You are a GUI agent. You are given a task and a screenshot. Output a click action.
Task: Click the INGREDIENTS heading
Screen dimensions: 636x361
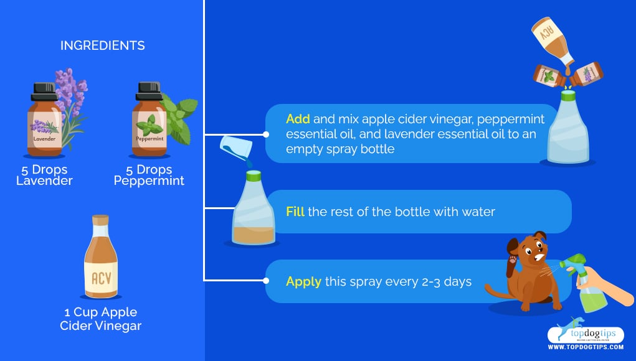tap(103, 45)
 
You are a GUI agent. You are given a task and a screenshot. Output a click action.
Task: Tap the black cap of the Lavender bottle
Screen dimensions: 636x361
tap(44, 91)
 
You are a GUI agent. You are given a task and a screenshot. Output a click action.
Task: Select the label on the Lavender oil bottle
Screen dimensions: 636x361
tap(45, 129)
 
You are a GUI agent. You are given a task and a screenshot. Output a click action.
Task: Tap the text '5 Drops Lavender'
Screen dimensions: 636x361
tap(44, 175)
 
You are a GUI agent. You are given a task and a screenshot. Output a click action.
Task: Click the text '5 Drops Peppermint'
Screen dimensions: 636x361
tap(149, 175)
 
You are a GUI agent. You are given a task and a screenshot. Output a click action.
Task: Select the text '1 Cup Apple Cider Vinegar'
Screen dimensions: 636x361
tap(100, 319)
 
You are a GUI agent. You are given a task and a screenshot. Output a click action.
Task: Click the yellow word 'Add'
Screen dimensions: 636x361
tap(298, 119)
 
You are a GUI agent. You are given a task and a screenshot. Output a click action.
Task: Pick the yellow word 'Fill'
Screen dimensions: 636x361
tap(295, 212)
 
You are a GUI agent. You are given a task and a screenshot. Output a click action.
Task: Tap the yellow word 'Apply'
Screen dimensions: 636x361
tap(303, 282)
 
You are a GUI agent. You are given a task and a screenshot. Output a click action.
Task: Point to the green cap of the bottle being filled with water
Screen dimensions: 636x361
tap(254, 176)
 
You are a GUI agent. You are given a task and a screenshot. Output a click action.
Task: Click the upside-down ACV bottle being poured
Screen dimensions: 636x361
tap(553, 40)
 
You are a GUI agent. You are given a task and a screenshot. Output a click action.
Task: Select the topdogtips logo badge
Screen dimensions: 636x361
tap(586, 333)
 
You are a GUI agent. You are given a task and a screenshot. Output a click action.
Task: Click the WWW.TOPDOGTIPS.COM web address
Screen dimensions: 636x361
tap(586, 347)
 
